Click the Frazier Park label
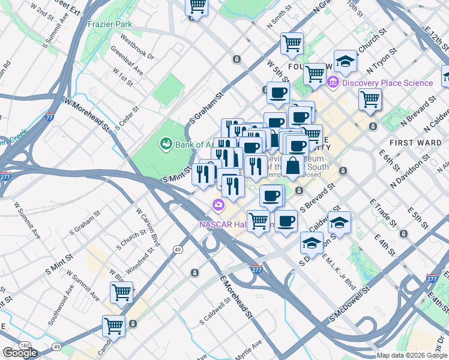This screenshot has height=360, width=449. tap(109, 24)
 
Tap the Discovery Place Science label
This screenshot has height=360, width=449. tap(387, 83)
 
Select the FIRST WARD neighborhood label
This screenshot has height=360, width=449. tap(411, 142)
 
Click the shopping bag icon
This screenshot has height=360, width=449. tap(293, 166)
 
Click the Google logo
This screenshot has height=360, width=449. tap(20, 353)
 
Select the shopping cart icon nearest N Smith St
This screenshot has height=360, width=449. tap(292, 43)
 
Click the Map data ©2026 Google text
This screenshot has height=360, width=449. tap(412, 355)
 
